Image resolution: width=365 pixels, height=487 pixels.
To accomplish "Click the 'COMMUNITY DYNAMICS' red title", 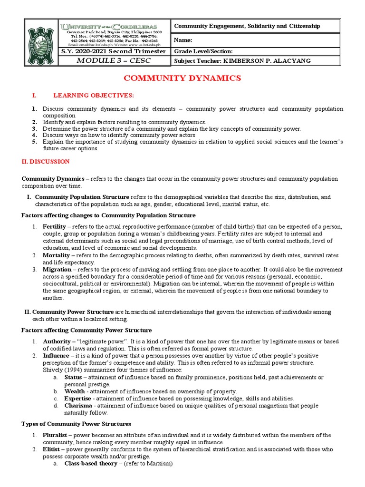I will [x=182, y=78].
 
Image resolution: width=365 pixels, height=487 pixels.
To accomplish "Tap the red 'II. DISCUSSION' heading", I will [x=46, y=162].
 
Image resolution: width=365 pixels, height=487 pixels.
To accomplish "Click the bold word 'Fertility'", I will [x=54, y=227].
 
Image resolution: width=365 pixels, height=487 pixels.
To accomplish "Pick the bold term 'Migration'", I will [x=57, y=270].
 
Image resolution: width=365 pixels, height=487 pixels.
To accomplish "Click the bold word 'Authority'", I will [x=57, y=341].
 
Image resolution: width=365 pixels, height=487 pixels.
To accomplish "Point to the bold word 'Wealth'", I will [x=75, y=391].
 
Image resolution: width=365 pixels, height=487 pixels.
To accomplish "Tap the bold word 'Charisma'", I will [x=78, y=406].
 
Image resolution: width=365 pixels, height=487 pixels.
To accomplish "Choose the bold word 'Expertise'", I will [x=78, y=398].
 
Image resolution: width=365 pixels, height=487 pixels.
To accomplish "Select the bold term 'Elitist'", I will [x=52, y=449].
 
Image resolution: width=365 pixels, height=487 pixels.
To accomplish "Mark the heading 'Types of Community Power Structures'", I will [x=76, y=424].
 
